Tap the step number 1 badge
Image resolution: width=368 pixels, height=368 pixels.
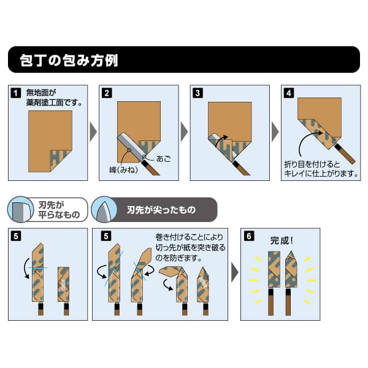[x=15, y=94]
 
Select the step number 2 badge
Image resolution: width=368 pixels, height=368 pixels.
[x=107, y=94]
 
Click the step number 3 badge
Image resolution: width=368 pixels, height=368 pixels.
[x=197, y=94]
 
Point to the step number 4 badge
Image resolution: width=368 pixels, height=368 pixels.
[x=288, y=94]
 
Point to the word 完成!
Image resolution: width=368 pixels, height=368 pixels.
[x=283, y=240]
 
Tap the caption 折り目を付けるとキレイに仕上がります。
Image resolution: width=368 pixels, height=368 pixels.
[x=318, y=169]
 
